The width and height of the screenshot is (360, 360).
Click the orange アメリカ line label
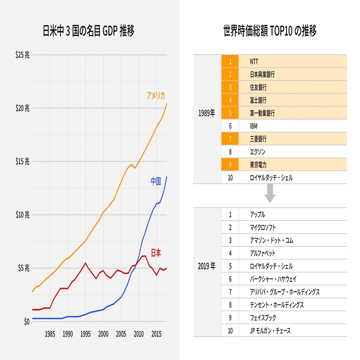coord(156,96)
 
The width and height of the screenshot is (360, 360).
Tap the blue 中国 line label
coord(156,181)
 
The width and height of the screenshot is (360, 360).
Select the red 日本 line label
coord(156,253)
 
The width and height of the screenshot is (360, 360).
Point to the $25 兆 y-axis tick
coord(22,55)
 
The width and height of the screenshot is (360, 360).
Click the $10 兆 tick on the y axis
coord(22,215)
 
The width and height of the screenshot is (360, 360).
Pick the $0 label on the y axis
coord(26,322)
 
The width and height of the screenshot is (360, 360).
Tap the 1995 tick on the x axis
coord(85,334)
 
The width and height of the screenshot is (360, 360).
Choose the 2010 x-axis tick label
coord(139,334)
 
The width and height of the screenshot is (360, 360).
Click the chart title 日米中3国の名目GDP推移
coord(89,32)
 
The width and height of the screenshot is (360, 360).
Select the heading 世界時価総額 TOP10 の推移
coord(270,31)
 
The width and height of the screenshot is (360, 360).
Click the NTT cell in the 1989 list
coord(254,62)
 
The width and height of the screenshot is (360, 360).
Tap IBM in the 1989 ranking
coord(254,126)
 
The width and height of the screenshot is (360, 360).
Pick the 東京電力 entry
coord(258,165)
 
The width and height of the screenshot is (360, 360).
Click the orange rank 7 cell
coord(230,139)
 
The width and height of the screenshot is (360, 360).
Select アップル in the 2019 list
coord(257,215)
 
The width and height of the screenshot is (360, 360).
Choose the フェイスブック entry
coord(263,318)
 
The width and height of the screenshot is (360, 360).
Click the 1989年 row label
coord(207,114)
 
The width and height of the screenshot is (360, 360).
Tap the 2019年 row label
coord(207,266)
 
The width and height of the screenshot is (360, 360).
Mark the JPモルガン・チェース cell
coord(270,331)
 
